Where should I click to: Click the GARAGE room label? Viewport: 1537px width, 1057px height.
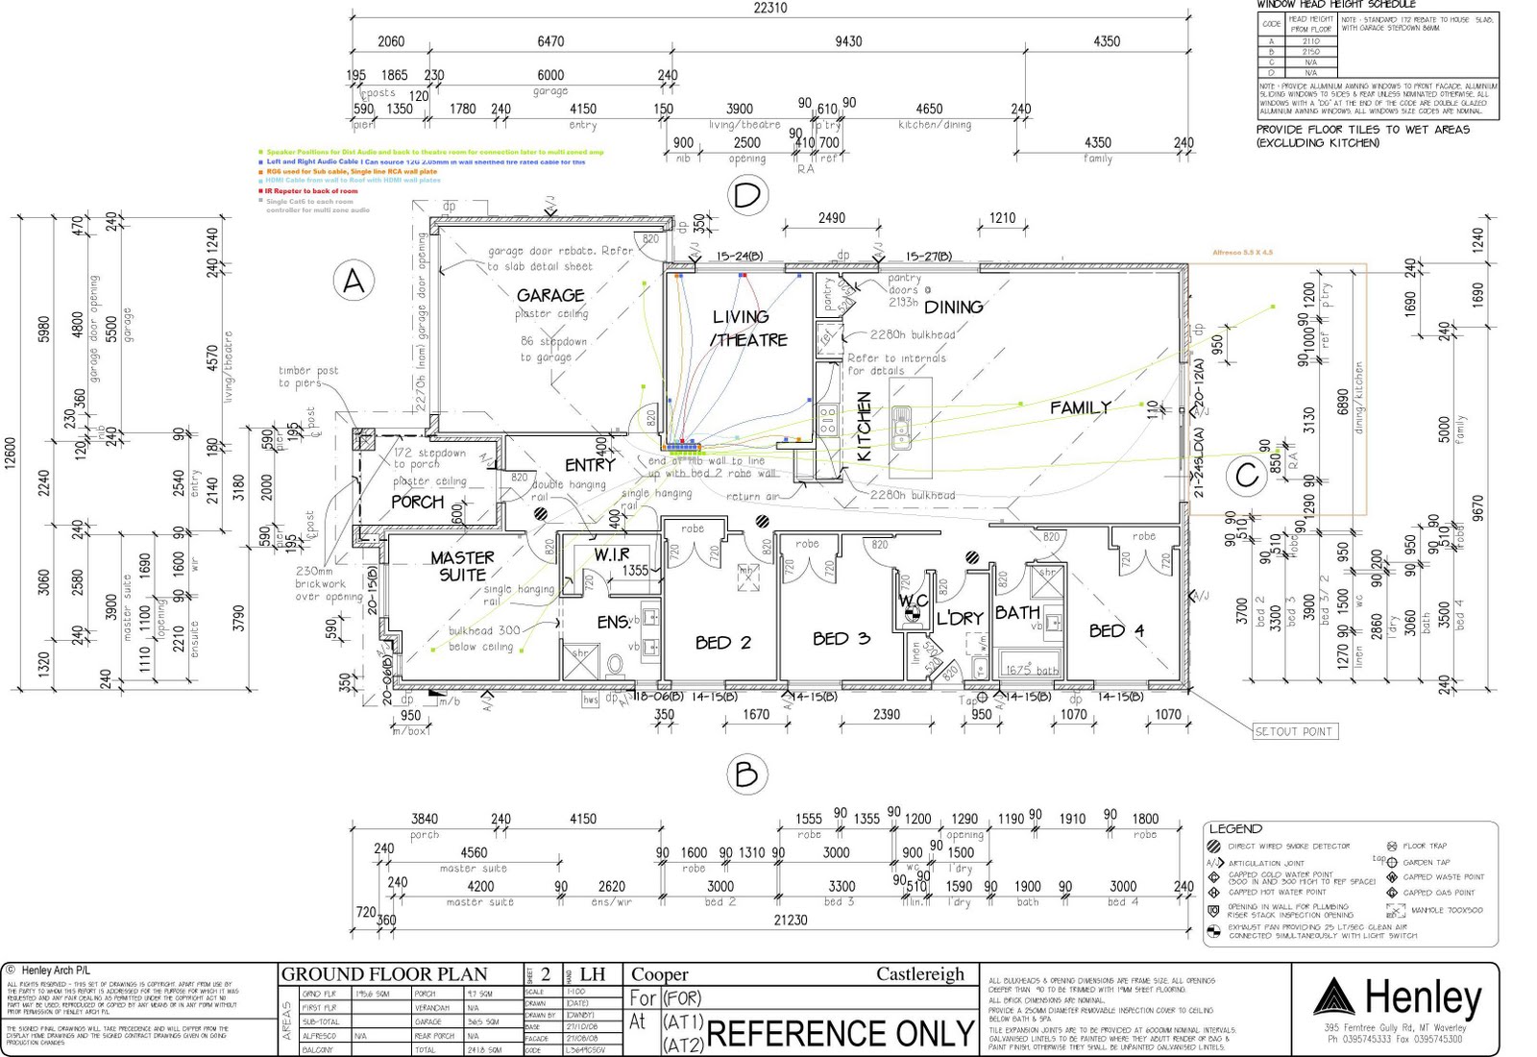550,295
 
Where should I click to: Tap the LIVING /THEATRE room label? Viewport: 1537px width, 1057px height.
748,328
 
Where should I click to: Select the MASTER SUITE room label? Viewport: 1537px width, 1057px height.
462,565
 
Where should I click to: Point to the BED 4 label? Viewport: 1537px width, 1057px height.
1116,630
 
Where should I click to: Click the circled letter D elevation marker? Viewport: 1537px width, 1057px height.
746,195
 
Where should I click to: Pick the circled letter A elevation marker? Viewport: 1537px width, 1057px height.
354,282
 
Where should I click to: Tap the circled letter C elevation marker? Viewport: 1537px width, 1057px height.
1247,475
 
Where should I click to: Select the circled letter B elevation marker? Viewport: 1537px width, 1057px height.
746,774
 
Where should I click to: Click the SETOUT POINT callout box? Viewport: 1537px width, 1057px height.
1293,731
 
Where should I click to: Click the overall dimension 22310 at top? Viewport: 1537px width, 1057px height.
769,8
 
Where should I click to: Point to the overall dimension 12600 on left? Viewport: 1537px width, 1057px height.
11,454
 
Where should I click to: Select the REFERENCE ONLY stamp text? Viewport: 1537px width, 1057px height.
841,1034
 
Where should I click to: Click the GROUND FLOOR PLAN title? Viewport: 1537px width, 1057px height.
384,974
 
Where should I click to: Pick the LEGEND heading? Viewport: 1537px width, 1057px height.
1235,828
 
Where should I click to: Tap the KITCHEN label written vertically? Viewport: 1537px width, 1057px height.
863,427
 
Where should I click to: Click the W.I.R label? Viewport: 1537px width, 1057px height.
611,554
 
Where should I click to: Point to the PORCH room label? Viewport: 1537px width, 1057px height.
417,502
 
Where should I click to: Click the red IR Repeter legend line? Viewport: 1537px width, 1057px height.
311,191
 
